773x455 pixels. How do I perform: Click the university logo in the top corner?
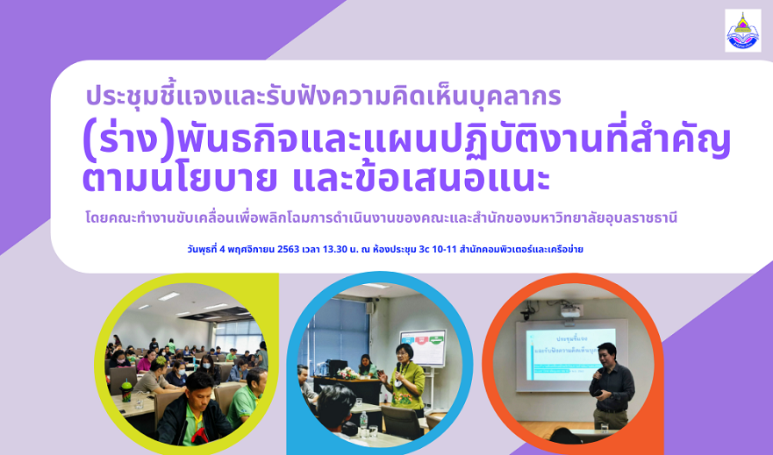tap(742, 30)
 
